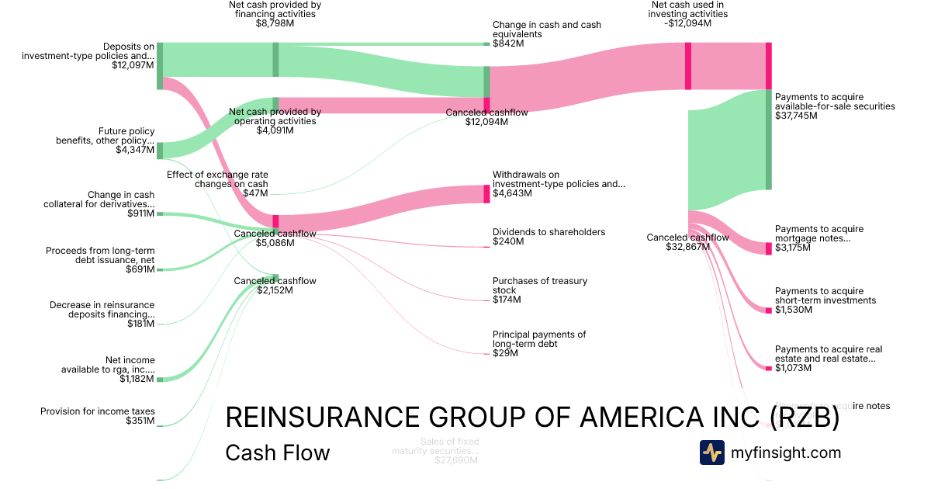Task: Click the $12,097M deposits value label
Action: click(133, 66)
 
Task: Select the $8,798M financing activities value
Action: click(275, 24)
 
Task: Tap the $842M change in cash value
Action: click(508, 44)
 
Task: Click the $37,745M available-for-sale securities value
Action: click(794, 116)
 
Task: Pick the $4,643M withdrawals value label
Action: click(512, 193)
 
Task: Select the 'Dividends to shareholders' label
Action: click(549, 232)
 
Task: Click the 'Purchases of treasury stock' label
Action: click(540, 286)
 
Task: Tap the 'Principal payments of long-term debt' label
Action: click(539, 339)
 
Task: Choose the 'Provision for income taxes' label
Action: click(98, 411)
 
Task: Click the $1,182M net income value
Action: click(137, 379)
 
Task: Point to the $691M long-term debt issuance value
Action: click(140, 269)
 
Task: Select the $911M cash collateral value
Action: click(140, 213)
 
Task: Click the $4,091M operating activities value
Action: click(275, 130)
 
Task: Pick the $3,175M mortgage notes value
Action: click(793, 248)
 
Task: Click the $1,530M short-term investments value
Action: click(793, 310)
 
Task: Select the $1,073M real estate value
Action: click(793, 368)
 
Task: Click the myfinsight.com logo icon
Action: click(712, 453)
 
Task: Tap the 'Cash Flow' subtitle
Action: click(277, 453)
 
